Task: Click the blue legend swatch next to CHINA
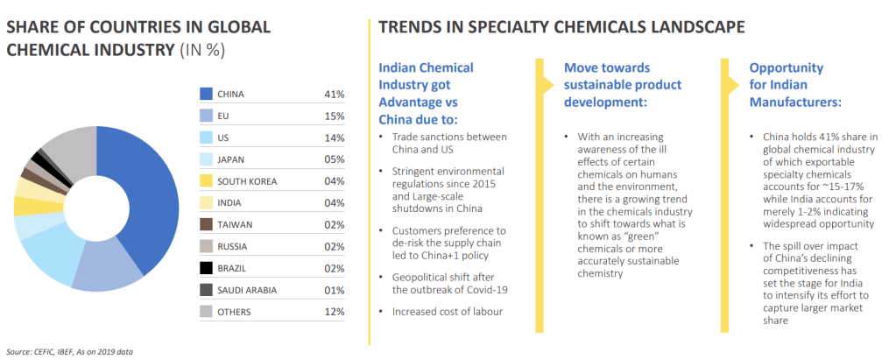point(207,94)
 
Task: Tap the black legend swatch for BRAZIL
point(207,268)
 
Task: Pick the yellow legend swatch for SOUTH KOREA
point(207,181)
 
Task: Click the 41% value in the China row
point(334,94)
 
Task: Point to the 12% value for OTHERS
point(334,312)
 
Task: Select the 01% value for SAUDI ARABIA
point(334,290)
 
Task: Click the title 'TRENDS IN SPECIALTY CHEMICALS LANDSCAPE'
point(561,28)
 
